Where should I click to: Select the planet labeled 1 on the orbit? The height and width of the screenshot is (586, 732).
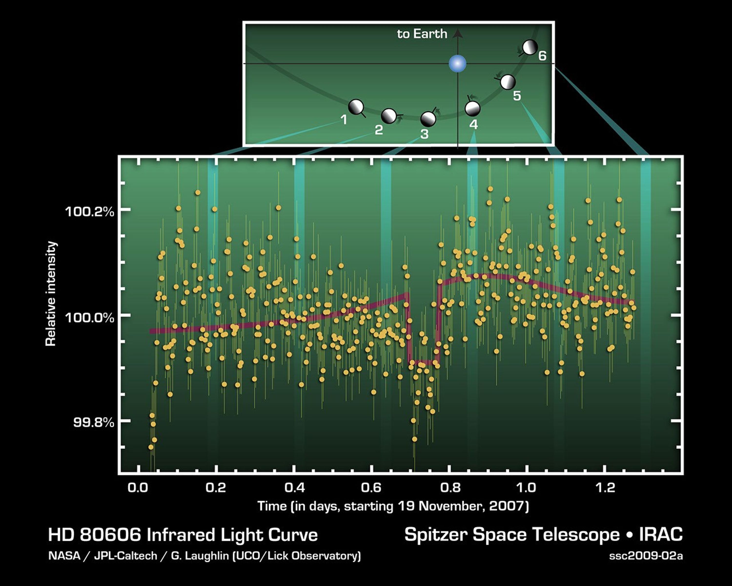coord(356,107)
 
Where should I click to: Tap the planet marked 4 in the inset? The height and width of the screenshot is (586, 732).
coord(472,108)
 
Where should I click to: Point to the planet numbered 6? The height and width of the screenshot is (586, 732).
coord(530,47)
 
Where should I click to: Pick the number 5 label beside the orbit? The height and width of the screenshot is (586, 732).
coord(517,96)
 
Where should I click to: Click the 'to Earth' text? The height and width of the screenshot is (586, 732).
coord(422,34)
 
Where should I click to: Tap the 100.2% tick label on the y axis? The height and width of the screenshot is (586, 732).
coord(89,212)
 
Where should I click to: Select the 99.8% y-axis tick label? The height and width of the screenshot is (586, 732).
coord(93,423)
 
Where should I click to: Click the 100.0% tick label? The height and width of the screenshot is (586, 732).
coord(89,318)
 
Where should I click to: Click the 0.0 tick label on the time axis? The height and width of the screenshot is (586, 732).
coord(138,488)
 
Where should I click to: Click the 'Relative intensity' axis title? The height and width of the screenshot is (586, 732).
coord(51,294)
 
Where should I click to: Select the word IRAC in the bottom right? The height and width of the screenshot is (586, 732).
coord(661,534)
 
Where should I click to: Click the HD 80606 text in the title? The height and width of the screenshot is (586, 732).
coord(94,535)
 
